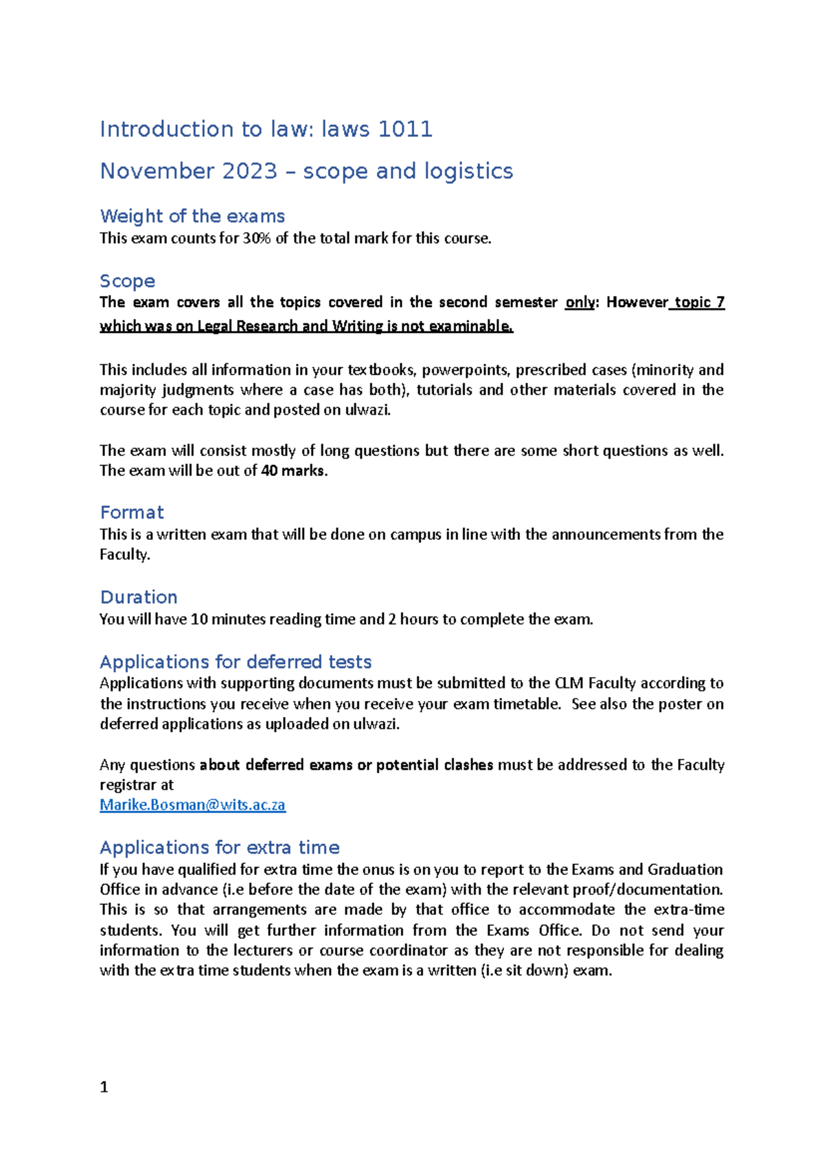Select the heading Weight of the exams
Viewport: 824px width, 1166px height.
[x=192, y=216]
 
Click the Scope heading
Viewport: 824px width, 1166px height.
[x=128, y=281]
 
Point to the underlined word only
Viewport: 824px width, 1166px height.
[x=580, y=302]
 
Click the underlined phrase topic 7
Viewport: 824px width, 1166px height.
[x=699, y=302]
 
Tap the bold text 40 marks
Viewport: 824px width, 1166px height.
[x=294, y=471]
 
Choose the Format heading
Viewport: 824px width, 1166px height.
[x=132, y=512]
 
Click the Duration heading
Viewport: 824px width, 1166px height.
[x=139, y=597]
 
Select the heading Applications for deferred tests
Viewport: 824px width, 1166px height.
[x=236, y=662]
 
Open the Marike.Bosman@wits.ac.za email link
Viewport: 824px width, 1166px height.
[x=192, y=805]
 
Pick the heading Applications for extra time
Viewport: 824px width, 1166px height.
[x=220, y=847]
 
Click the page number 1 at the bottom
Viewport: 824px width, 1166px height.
[x=104, y=1087]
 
